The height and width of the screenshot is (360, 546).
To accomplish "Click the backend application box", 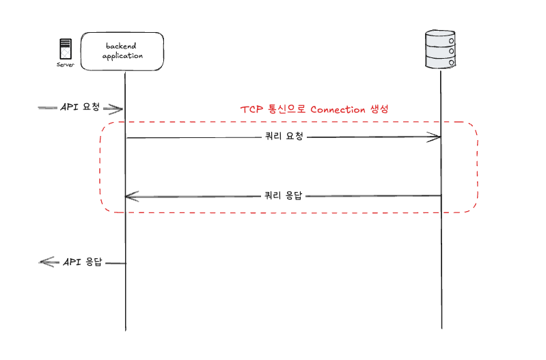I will pyautogui.click(x=123, y=51).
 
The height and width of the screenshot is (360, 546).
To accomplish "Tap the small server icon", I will pyautogui.click(x=66, y=50).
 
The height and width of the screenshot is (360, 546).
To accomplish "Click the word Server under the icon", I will pyautogui.click(x=66, y=66).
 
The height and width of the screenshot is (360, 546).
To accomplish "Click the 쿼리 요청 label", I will pyautogui.click(x=283, y=136).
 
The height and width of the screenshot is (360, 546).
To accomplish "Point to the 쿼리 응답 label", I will pyautogui.click(x=283, y=195).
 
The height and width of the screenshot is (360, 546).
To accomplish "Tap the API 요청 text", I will pyautogui.click(x=81, y=107).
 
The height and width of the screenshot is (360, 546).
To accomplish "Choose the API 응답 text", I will pyautogui.click(x=83, y=262).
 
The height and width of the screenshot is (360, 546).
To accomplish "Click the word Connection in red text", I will pyautogui.click(x=338, y=109).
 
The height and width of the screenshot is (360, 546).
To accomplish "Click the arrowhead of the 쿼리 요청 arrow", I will pyautogui.click(x=435, y=137).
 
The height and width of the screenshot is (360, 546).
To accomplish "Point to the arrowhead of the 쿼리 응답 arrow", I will pyautogui.click(x=131, y=197).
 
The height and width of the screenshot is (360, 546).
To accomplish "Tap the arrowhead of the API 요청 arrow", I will pyautogui.click(x=118, y=109).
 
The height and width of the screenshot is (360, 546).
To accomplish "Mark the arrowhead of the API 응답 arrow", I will pyautogui.click(x=45, y=262).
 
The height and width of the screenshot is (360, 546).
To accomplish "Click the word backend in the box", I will pyautogui.click(x=122, y=46).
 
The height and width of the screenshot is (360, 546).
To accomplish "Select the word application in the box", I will pyautogui.click(x=123, y=56).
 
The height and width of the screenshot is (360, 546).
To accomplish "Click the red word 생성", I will pyautogui.click(x=379, y=109).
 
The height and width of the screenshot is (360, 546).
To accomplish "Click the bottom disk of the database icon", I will pyautogui.click(x=441, y=62).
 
